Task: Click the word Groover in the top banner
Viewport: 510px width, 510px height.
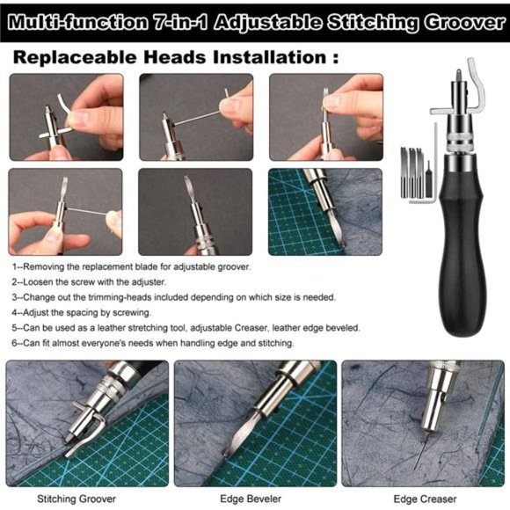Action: tap(464, 23)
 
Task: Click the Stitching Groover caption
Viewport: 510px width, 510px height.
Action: tap(76, 499)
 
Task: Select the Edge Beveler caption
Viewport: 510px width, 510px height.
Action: tap(251, 499)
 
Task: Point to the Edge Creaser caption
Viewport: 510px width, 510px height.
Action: tap(425, 499)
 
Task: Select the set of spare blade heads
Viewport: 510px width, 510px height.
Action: tap(416, 172)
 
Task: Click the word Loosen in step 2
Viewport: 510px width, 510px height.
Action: tap(38, 281)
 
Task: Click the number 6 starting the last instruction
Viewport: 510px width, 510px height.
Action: tap(14, 343)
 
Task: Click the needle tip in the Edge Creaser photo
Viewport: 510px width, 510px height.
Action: tap(416, 469)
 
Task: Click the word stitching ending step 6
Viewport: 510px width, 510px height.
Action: tap(276, 343)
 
